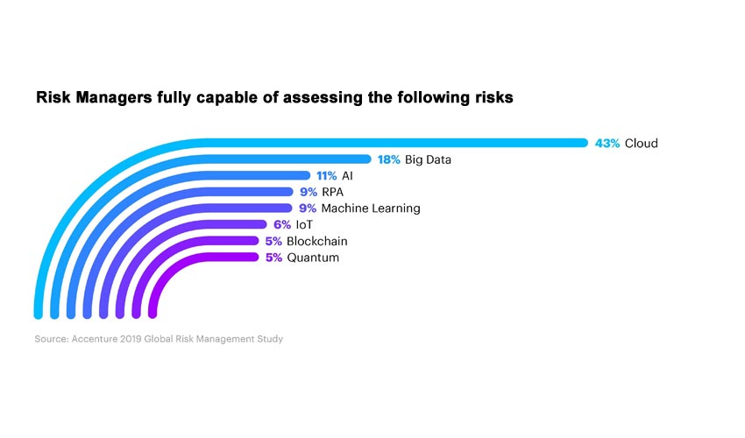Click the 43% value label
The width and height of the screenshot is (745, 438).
tap(607, 144)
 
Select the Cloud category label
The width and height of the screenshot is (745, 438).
tap(641, 144)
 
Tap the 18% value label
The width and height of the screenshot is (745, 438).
tap(389, 160)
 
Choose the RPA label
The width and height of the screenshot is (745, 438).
tap(333, 192)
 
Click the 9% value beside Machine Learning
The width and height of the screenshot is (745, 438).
tap(308, 208)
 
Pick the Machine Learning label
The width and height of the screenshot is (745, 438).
tap(371, 208)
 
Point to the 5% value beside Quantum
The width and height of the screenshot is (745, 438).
tap(273, 258)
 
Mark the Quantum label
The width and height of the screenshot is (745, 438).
tap(313, 258)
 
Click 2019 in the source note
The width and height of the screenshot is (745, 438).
tap(143, 338)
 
